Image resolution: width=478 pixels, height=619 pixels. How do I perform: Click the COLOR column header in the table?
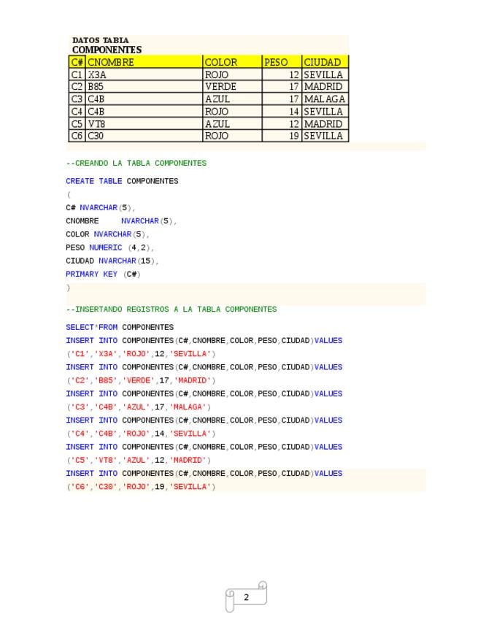[x=221, y=63]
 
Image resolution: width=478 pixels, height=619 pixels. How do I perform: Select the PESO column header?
[x=276, y=63]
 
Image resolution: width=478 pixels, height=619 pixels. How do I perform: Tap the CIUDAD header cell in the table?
[x=323, y=63]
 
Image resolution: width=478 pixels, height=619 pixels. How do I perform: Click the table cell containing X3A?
[x=97, y=74]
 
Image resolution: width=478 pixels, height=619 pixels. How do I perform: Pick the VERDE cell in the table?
[x=220, y=87]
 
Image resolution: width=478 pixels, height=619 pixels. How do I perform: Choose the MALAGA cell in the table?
[x=324, y=99]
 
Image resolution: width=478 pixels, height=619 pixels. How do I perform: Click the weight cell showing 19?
[x=294, y=136]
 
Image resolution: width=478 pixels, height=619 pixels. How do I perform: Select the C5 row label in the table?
[x=77, y=124]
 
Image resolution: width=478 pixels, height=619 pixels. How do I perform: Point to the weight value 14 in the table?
[x=294, y=112]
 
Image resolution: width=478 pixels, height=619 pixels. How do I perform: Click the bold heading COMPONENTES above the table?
[x=107, y=50]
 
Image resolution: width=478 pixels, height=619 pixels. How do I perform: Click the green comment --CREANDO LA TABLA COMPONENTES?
[x=136, y=164]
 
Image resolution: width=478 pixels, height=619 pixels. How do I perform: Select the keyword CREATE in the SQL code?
[x=80, y=181]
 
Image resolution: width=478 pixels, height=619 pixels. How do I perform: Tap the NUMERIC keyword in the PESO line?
[x=105, y=247]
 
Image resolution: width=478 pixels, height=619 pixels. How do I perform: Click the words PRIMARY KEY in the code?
[x=91, y=274]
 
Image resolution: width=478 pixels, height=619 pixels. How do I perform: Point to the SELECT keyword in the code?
[x=80, y=327]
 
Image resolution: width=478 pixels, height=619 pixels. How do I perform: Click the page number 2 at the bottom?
[x=246, y=597]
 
